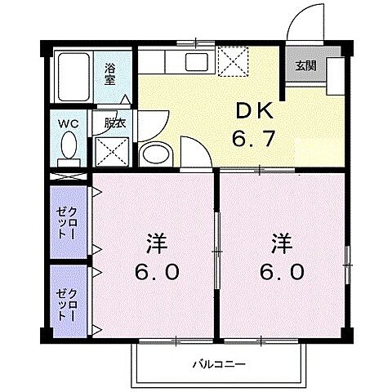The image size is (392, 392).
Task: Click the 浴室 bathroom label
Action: click(109, 73)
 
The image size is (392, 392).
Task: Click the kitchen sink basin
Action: click(196, 60)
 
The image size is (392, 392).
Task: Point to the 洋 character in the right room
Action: click(280, 244)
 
